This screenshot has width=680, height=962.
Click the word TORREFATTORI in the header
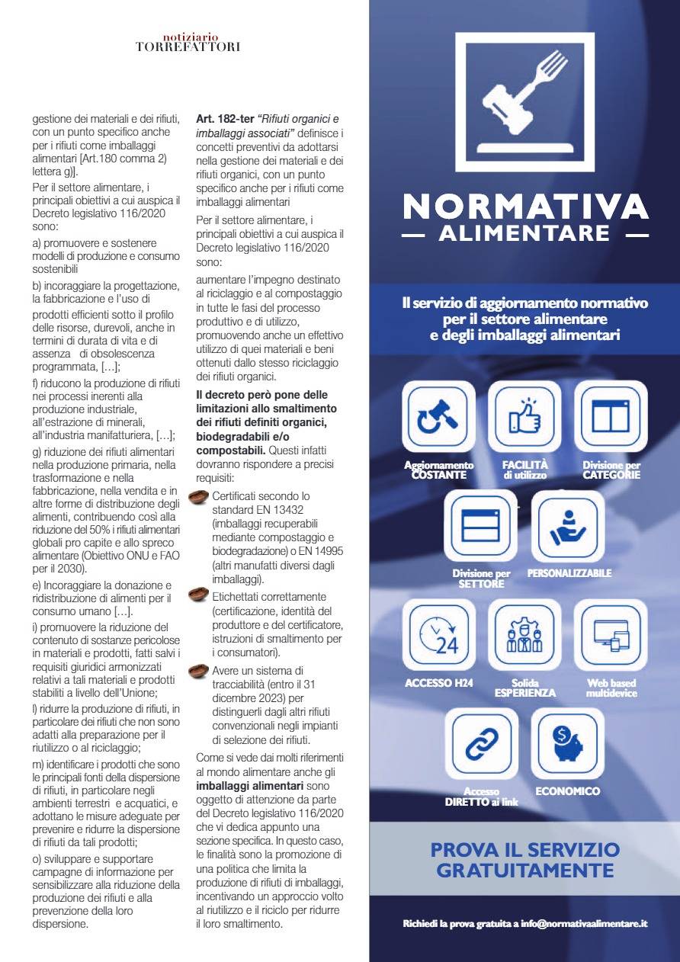pos(188,46)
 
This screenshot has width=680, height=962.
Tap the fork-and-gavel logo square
pos(524,101)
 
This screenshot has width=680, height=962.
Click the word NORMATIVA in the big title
pos(525,207)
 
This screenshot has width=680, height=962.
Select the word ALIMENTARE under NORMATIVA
pos(524,233)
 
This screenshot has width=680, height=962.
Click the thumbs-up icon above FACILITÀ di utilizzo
pos(524,417)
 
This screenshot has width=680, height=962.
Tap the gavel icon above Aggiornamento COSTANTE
pos(438,417)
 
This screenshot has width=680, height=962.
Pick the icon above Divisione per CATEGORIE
pos(611,417)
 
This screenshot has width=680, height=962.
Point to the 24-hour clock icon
pos(438,635)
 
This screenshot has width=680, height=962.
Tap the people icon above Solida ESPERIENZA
pos(524,635)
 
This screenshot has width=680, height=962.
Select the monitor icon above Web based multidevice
pos(611,635)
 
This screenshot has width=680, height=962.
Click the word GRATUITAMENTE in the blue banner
pos(525,871)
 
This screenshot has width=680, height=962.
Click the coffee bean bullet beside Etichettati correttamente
pos(199,595)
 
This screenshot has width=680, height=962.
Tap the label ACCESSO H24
pos(438,683)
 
